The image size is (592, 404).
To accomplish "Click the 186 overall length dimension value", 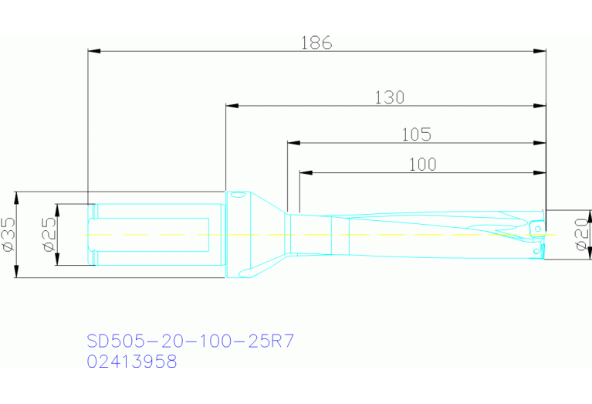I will [316, 43].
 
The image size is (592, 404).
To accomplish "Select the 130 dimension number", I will [389, 97].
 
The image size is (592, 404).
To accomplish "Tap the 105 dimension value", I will [416, 134].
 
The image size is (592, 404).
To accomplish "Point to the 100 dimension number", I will [421, 164].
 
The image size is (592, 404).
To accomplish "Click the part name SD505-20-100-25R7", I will [191, 341].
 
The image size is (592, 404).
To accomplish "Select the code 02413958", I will [132, 361].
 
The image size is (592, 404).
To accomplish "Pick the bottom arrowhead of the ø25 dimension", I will [56, 260].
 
